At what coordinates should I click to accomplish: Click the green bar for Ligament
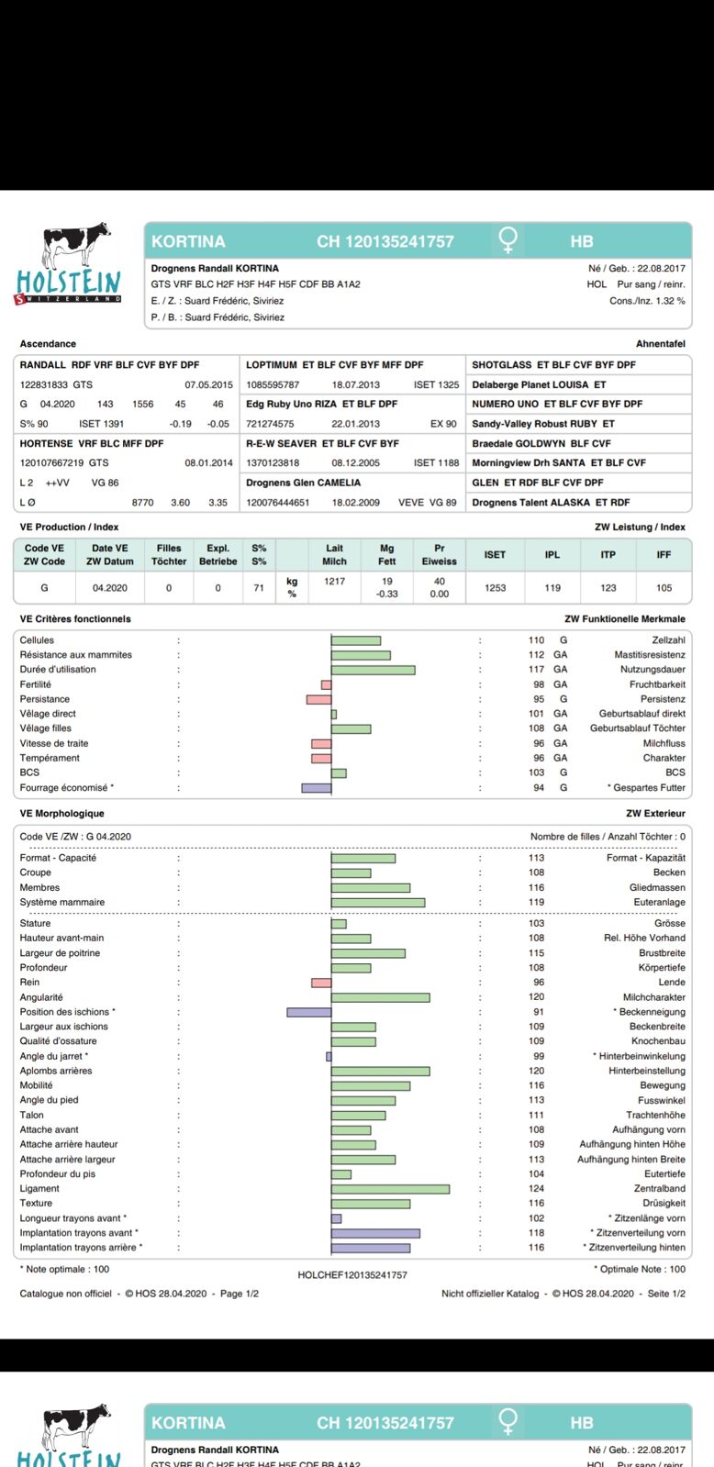[390, 1189]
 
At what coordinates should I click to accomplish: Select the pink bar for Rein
[321, 983]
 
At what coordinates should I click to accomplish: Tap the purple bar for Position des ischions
[308, 1012]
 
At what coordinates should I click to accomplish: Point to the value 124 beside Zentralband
[536, 1189]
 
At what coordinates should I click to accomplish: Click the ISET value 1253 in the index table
[495, 588]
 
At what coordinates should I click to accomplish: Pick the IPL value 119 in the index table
[552, 588]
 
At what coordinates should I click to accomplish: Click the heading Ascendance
[48, 344]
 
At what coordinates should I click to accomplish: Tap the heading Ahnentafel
[660, 344]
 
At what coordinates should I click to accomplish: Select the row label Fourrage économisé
[66, 788]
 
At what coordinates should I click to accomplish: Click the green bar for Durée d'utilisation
[373, 670]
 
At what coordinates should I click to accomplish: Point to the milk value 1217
[334, 582]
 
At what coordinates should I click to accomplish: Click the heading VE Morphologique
[61, 814]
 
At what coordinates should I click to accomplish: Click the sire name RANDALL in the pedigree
[43, 365]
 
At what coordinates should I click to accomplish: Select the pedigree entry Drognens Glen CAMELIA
[303, 483]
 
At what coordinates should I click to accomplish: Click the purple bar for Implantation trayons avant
[375, 1233]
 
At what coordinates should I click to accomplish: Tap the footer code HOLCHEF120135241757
[351, 1275]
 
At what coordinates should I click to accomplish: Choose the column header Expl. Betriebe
[218, 555]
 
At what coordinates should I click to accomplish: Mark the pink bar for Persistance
[318, 699]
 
